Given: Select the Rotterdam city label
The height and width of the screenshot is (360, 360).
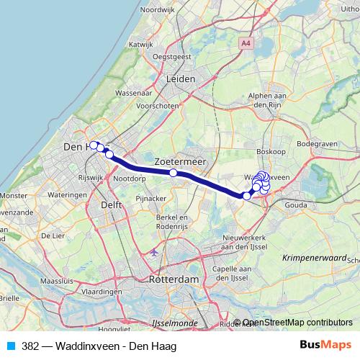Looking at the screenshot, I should click(174, 279).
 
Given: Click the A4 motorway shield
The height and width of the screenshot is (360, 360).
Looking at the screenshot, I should click(247, 44).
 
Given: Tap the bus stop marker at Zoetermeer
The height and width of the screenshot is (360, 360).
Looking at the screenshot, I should click(174, 173).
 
